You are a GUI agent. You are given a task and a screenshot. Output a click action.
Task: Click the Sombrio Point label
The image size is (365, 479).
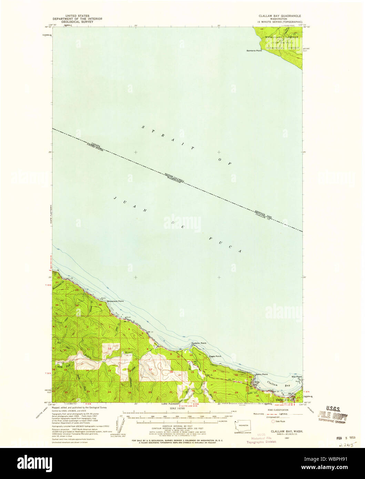254,51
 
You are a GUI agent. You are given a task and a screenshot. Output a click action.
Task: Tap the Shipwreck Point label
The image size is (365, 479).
115,301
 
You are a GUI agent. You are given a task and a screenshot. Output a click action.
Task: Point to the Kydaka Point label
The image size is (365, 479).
199,343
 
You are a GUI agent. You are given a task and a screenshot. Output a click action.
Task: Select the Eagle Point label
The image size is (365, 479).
215,356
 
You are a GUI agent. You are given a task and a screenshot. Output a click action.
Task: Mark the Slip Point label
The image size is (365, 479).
297,377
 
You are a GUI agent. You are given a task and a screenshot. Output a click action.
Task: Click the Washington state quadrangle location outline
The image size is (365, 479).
243,426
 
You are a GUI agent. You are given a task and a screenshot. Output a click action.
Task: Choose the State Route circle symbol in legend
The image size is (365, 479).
273,421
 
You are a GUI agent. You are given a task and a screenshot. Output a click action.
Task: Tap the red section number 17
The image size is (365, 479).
151,369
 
